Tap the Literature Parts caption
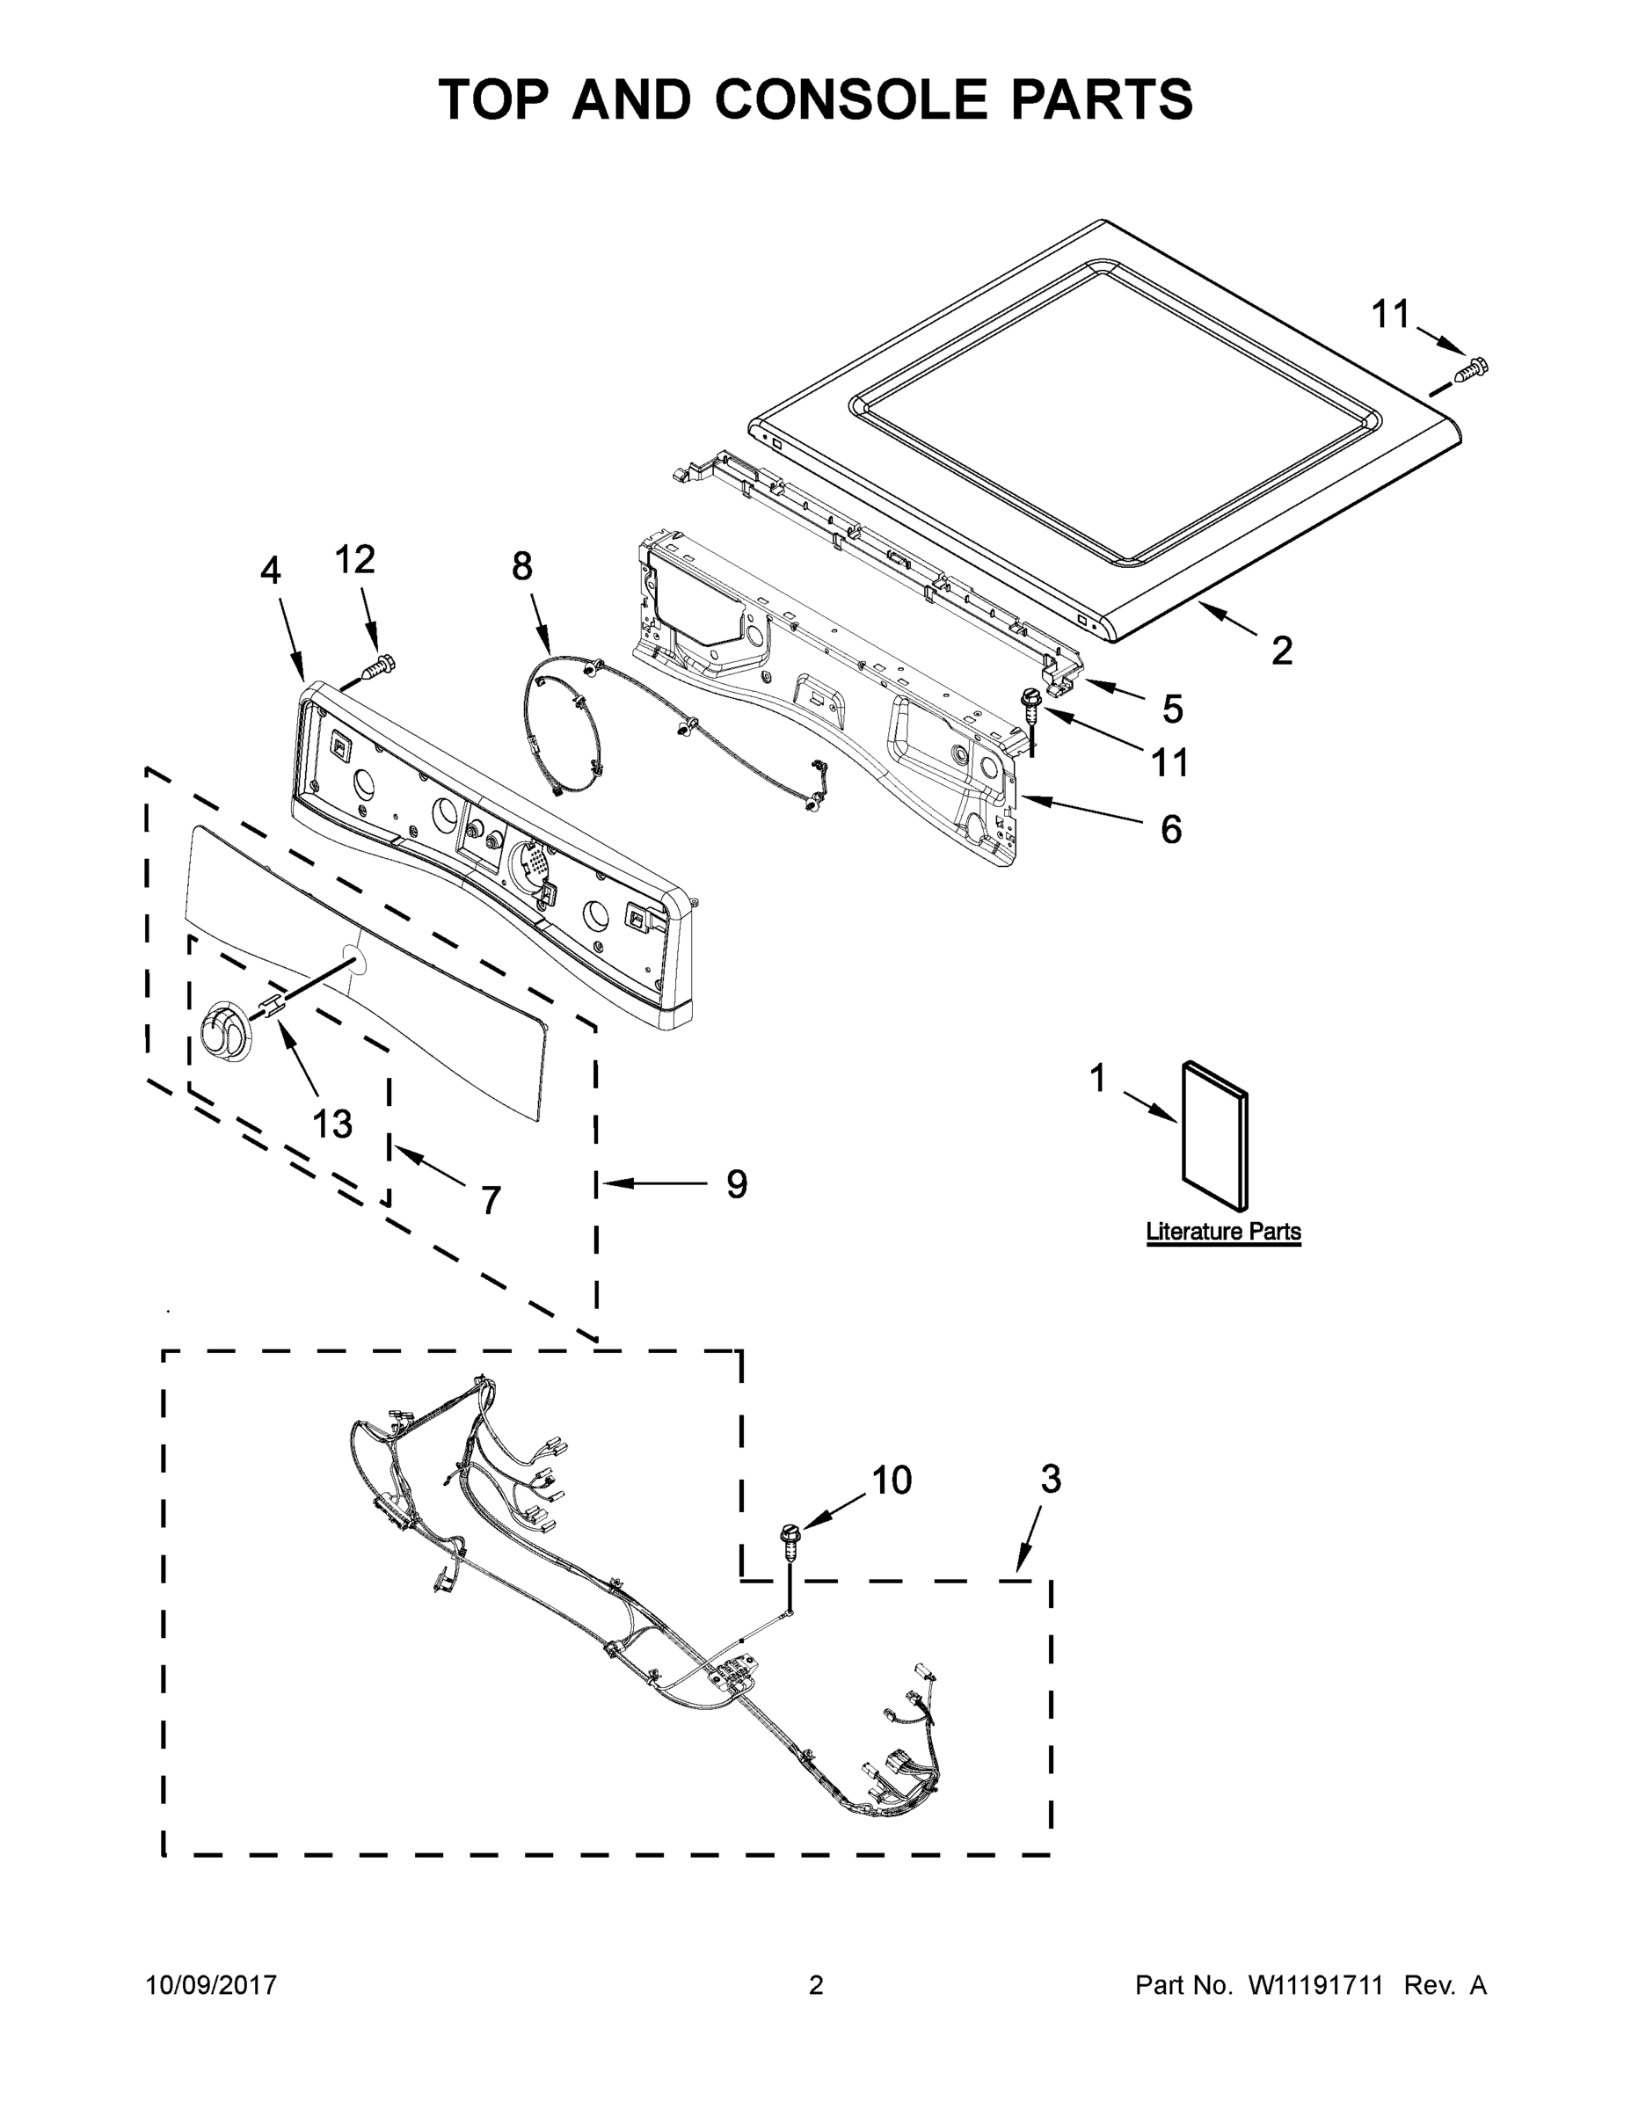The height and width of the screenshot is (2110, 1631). (x=1222, y=1232)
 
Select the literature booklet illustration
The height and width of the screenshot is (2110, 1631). (x=1214, y=1134)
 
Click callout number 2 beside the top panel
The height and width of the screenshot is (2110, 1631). (x=1281, y=651)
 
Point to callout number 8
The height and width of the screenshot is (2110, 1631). (x=521, y=566)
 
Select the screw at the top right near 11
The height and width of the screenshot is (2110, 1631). (x=1473, y=368)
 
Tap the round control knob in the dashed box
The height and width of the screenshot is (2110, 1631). (x=225, y=1036)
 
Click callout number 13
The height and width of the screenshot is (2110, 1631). (x=331, y=1124)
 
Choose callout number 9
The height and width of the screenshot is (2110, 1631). (x=736, y=1183)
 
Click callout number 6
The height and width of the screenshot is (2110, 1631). (x=1170, y=829)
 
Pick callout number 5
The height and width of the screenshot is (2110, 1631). (x=1172, y=709)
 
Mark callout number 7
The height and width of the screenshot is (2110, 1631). (x=491, y=1201)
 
